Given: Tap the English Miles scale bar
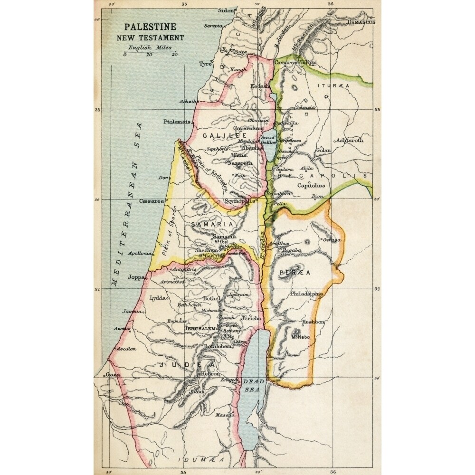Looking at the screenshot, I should pyautogui.click(x=150, y=52).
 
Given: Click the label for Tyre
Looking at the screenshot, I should pyautogui.click(x=205, y=64).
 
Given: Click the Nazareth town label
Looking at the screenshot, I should pyautogui.click(x=240, y=163).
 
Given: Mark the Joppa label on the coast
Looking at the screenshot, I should pyautogui.click(x=136, y=278).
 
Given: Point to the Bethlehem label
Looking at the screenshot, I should pyautogui.click(x=217, y=347).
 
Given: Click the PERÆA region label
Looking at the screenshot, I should pyautogui.click(x=295, y=273).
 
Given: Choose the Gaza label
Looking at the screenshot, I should pyautogui.click(x=113, y=374).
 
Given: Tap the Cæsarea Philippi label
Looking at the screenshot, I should pyautogui.click(x=295, y=62).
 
